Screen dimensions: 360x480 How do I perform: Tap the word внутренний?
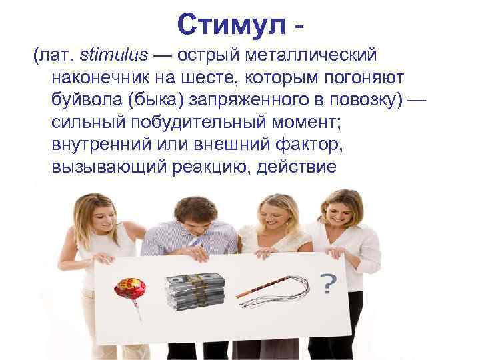coord(99,145)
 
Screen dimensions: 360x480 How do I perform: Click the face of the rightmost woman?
coord(347,213)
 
